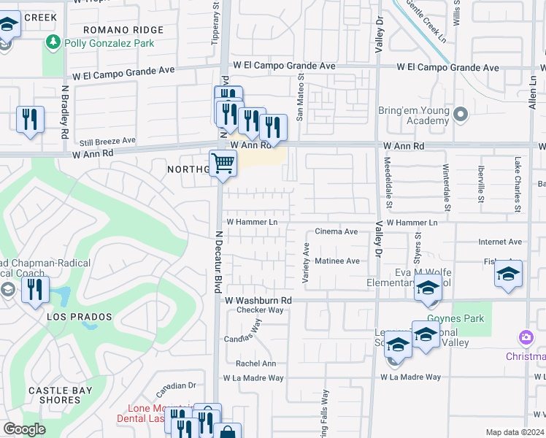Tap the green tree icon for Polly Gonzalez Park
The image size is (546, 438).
point(53,43)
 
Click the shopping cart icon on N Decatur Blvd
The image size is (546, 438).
point(223,164)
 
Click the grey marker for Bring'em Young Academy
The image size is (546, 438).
point(461,114)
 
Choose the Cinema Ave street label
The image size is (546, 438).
point(336,231)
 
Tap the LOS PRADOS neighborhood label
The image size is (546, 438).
point(80,317)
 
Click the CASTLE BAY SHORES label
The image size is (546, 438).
point(60,395)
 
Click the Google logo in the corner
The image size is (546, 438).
point(25,429)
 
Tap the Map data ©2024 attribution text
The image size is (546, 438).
point(515,432)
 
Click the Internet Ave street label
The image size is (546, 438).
point(500,242)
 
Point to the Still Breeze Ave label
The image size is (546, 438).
point(107,140)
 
